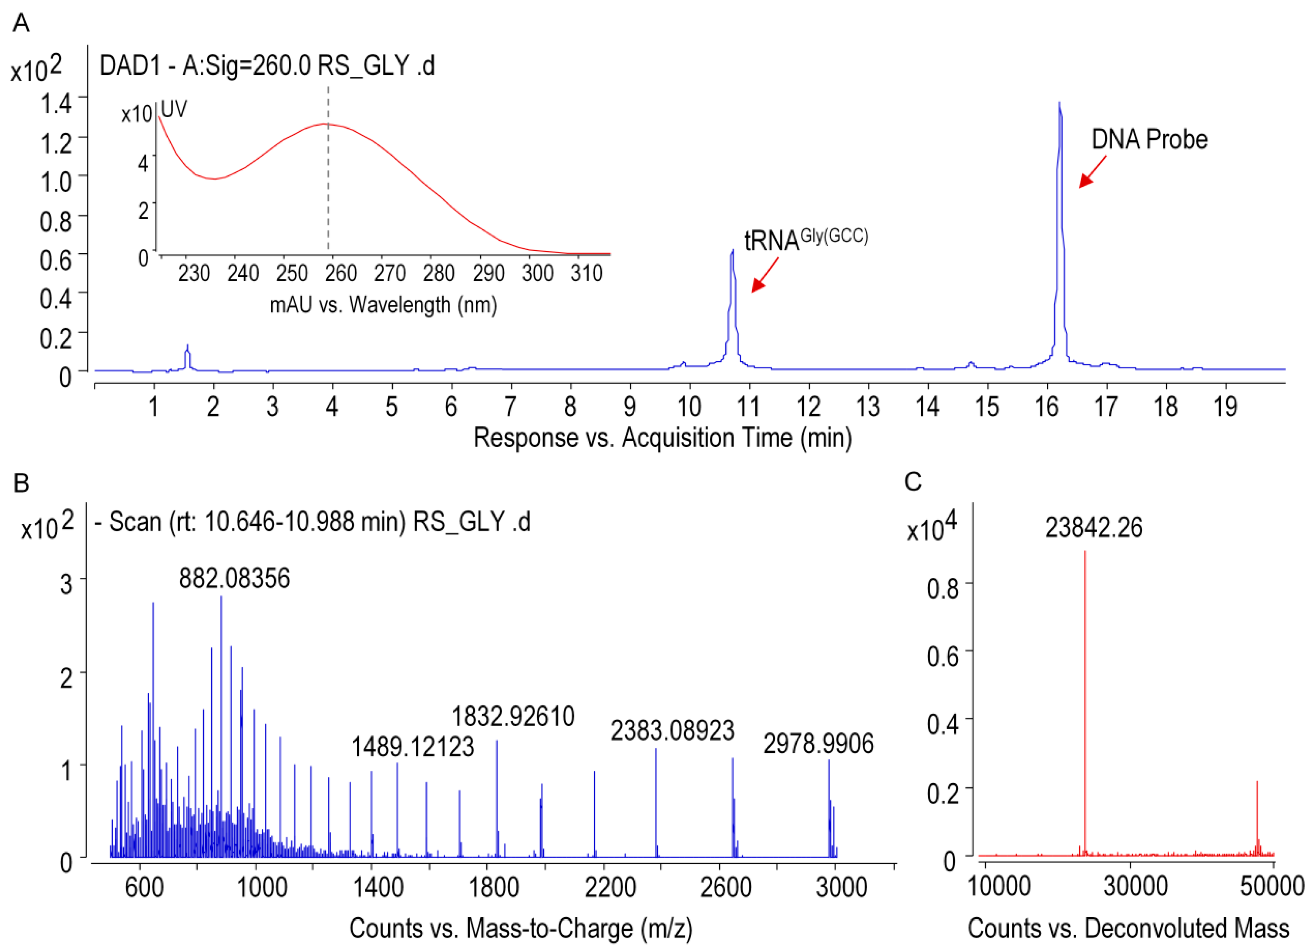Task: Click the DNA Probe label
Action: tap(1149, 140)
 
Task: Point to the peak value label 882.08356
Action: tap(234, 579)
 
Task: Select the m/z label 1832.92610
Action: tap(513, 716)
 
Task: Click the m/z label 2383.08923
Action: tap(672, 731)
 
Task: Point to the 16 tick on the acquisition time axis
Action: tap(1047, 407)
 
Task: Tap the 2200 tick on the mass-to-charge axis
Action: tap(610, 887)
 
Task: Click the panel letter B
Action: tap(21, 483)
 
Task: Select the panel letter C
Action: tap(913, 482)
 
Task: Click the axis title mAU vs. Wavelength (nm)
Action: tap(383, 304)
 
